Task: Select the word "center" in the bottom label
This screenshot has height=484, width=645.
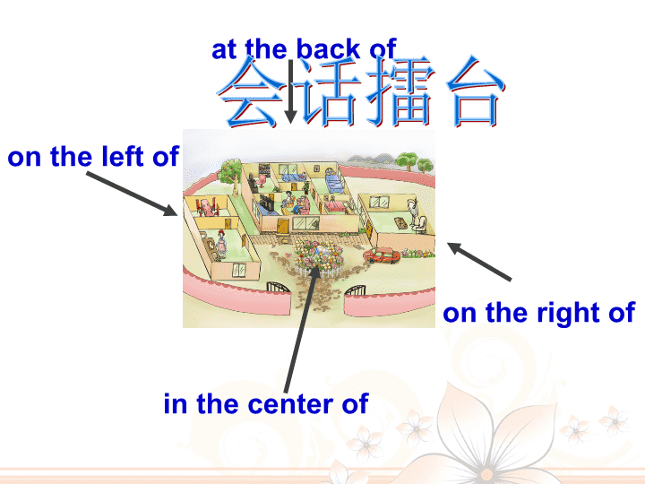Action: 290,403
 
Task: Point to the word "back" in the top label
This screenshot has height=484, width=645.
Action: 328,49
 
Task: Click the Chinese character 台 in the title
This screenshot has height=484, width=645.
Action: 476,91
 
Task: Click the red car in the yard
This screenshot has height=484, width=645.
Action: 382,255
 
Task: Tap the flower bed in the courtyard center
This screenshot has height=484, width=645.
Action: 317,257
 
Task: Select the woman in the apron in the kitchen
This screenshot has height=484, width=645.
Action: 221,245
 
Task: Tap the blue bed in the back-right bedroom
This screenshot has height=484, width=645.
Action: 334,182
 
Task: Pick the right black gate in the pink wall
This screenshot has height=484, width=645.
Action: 355,290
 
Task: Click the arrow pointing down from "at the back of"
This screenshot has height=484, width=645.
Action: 291,91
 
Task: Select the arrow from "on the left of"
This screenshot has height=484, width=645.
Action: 132,194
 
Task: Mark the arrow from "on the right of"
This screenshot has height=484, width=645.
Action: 479,262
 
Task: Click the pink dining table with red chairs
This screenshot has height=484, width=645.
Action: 207,207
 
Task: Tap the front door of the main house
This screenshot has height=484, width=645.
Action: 283,227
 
